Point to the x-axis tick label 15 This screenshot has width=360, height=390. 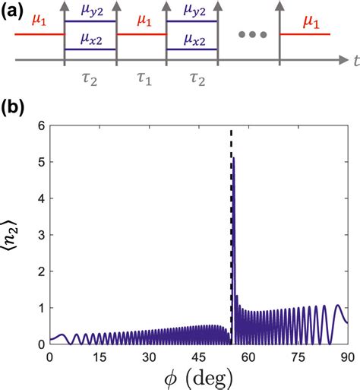click(x=99, y=357)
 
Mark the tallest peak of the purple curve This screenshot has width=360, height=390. click(x=233, y=158)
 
